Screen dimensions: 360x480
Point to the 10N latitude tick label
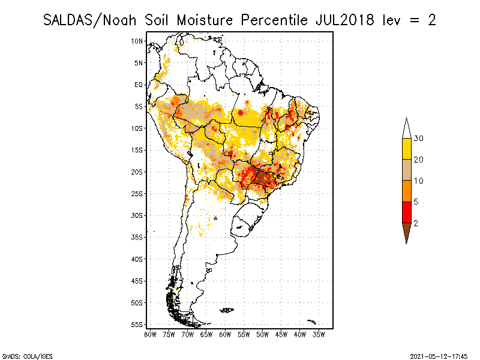click(137, 41)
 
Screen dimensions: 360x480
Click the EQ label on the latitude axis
click(139, 85)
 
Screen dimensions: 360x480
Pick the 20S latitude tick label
click(137, 172)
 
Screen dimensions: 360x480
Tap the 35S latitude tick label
click(137, 237)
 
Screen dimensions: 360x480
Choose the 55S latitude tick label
click(137, 324)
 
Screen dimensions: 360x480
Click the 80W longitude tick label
click(150, 334)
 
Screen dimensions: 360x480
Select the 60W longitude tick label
click(225, 334)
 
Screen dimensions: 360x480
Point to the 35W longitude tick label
click(319, 334)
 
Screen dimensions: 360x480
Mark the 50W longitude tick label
click(262, 334)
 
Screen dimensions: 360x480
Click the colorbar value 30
click(419, 139)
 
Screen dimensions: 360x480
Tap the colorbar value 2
click(416, 223)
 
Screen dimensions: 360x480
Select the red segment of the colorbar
click(406, 212)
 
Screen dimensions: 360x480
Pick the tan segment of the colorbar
click(406, 170)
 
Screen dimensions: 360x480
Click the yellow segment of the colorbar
click(406, 149)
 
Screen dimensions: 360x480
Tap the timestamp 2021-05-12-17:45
click(439, 355)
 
